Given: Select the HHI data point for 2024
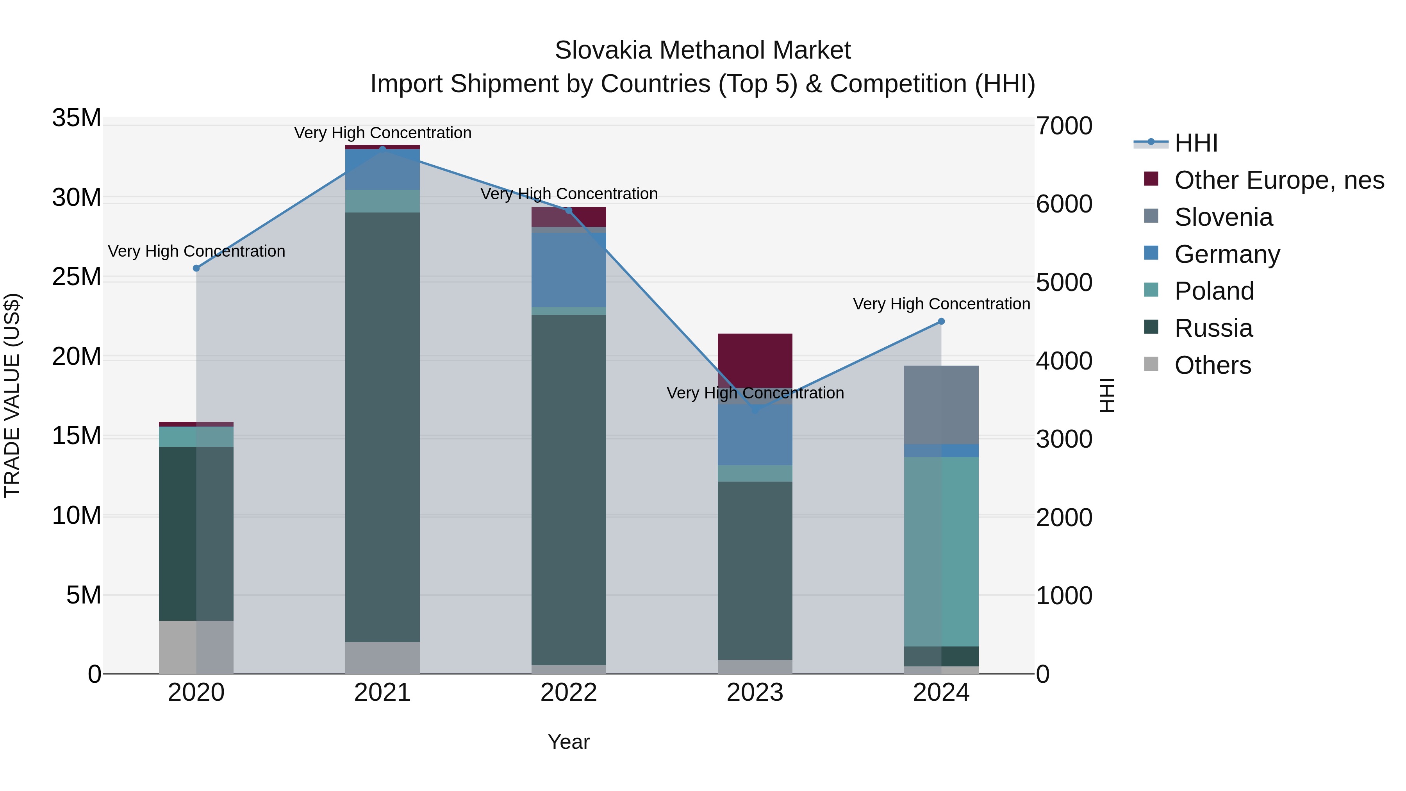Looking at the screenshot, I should pyautogui.click(x=941, y=321).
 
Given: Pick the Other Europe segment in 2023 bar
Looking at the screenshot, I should pyautogui.click(x=755, y=360).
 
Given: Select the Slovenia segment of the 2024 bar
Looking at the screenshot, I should pyautogui.click(x=941, y=405).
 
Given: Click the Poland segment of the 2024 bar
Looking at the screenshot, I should pyautogui.click(x=941, y=551).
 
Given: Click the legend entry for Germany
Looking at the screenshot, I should pyautogui.click(x=1226, y=254).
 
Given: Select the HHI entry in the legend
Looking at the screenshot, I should pyautogui.click(x=1195, y=143).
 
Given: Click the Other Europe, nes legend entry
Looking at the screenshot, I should pyautogui.click(x=1278, y=180).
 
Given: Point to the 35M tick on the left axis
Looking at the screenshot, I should pyautogui.click(x=77, y=118).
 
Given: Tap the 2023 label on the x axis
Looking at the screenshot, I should pyautogui.click(x=755, y=693).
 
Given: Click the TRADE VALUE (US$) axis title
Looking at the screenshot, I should pyautogui.click(x=12, y=395).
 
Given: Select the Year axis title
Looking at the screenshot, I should pyautogui.click(x=568, y=742).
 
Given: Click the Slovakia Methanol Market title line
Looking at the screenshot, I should pyautogui.click(x=703, y=50).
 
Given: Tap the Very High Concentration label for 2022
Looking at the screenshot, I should pyautogui.click(x=569, y=194).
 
